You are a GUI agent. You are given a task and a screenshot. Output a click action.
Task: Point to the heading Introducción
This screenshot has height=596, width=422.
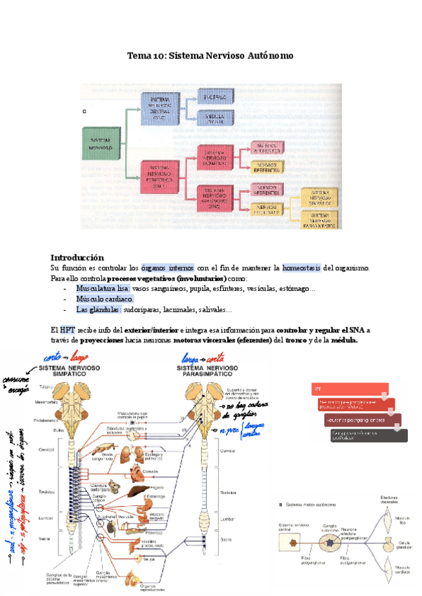77,257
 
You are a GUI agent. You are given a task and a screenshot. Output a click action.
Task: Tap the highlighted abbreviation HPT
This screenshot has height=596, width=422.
68,330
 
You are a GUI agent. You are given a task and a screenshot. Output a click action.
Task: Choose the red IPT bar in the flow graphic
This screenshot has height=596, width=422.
350,389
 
